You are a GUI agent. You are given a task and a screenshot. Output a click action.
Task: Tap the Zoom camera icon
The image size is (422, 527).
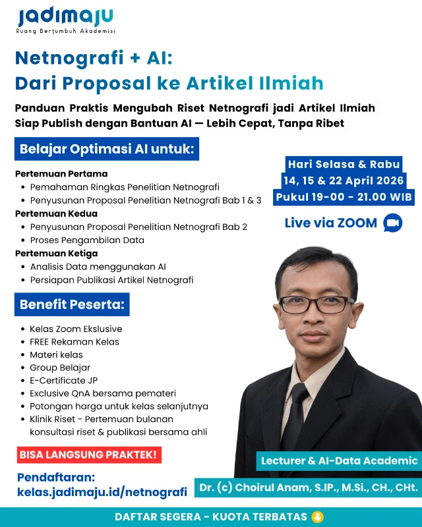coord(392,223)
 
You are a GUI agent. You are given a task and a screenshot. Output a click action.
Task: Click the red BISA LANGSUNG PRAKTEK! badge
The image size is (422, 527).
coord(89,455)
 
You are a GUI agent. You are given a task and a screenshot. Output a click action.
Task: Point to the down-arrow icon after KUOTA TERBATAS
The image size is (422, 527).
coord(317,516)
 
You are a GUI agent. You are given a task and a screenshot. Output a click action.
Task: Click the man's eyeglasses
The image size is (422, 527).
coord(316,304)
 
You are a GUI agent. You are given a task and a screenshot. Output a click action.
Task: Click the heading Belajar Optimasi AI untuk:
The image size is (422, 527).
coord(107,149)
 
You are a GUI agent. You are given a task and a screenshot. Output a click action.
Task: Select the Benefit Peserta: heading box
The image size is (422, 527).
coord(72,304)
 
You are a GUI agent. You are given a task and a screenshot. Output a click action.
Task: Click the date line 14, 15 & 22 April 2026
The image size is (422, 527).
coord(344,180)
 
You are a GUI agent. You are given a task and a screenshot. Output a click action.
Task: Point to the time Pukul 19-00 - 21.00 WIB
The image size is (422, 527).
coord(344,197)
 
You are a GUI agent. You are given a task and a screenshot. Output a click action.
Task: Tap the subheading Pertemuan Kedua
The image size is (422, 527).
coord(56,213)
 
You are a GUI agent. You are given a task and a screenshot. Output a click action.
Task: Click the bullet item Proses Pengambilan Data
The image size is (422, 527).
coord(87,240)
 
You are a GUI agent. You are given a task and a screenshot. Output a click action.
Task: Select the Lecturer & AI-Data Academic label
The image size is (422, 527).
coord(339,460)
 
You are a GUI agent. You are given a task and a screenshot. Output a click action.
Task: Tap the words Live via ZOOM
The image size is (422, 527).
coord(331,223)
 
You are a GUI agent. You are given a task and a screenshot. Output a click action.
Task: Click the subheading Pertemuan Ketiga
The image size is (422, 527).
coord(56,253)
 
